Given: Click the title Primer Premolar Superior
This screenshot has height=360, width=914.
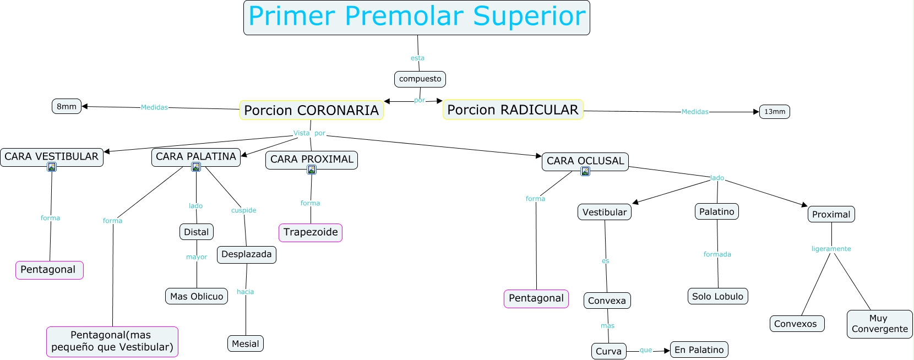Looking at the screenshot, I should (416, 17).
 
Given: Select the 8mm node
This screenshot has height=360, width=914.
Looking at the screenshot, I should (67, 106).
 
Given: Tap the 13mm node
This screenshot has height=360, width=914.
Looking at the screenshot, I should (774, 112).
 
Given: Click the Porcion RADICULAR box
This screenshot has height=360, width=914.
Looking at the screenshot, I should (513, 110).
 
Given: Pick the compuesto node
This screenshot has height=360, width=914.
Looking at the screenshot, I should (420, 79).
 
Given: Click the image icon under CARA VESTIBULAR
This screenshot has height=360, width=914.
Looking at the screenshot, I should (52, 167).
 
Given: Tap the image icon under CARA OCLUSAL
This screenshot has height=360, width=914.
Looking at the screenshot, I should (585, 171).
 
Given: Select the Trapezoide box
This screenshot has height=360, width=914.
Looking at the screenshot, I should (311, 232).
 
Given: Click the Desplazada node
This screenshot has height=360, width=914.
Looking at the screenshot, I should (246, 254).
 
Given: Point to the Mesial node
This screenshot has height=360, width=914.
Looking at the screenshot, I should (245, 343).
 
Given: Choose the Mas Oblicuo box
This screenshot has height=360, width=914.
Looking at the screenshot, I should (197, 296).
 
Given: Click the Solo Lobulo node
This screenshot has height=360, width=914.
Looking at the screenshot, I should (717, 296).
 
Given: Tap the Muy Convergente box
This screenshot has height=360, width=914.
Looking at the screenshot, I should (879, 324).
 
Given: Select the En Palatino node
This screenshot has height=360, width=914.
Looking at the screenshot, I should (699, 350).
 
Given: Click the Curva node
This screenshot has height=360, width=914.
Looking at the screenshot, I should (608, 351).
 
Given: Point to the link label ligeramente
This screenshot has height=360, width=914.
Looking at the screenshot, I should (831, 249).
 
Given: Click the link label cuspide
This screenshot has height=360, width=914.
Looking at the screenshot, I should (243, 210).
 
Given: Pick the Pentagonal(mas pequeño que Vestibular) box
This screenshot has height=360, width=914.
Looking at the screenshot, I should (112, 341).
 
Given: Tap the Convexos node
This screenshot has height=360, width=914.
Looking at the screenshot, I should (796, 324).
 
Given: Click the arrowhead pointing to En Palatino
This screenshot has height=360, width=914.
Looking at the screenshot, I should (667, 351).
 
